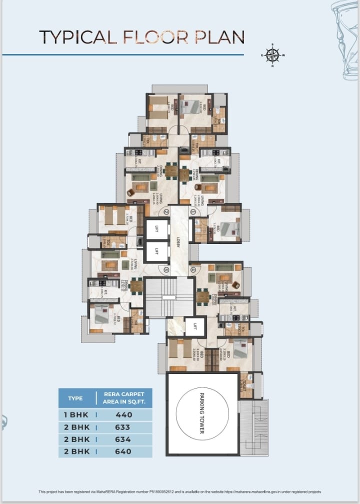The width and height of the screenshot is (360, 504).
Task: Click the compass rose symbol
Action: [272, 54]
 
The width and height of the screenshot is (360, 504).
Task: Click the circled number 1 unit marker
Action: [192, 211]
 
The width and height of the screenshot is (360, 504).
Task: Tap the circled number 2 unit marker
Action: [166, 211]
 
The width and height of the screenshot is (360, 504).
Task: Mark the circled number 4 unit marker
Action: [192, 270]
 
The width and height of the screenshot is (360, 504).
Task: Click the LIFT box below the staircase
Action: [195, 327]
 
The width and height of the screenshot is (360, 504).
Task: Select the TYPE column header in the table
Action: [75, 398]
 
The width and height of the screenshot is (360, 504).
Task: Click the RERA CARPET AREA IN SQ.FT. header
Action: [123, 398]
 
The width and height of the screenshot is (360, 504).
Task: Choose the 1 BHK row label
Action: [73, 415]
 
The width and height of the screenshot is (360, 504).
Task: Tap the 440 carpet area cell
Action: [123, 415]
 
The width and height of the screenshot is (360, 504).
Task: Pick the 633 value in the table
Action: [122, 427]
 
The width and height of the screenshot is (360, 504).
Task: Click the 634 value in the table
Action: [122, 439]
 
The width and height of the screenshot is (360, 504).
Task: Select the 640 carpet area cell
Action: [123, 451]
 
